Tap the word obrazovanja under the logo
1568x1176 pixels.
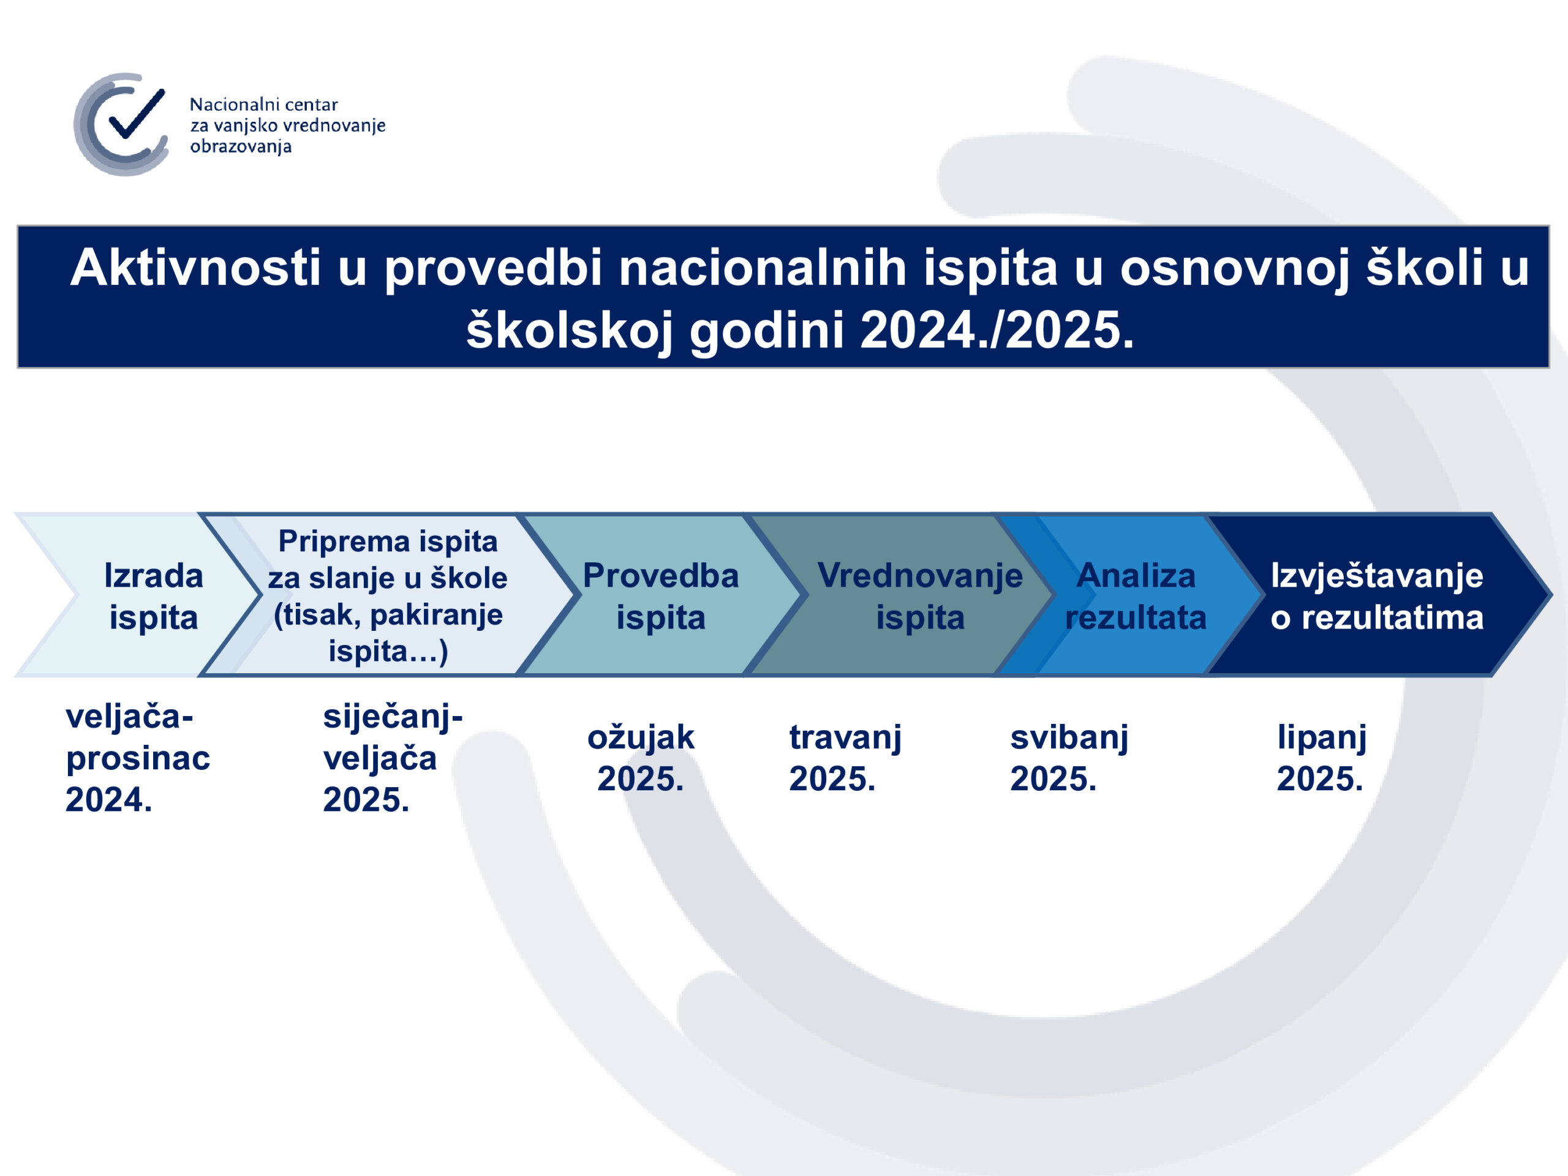click(x=241, y=147)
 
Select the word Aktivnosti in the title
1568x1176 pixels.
click(x=195, y=267)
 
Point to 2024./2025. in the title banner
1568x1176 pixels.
click(x=996, y=330)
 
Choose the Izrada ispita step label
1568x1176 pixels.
click(x=153, y=596)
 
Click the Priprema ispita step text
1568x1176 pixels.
click(x=388, y=541)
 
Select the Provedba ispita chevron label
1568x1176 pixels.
click(x=661, y=596)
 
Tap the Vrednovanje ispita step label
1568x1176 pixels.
click(x=920, y=596)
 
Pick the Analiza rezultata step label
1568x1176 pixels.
click(x=1136, y=596)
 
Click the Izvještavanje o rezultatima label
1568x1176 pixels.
click(x=1377, y=596)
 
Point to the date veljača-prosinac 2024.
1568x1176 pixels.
click(x=138, y=758)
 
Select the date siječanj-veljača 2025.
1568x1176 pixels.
click(x=393, y=758)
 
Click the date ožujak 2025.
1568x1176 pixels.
click(x=641, y=758)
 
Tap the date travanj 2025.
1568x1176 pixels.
click(x=845, y=758)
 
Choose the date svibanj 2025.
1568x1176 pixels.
click(x=1069, y=758)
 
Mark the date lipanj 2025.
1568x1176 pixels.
click(x=1321, y=758)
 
